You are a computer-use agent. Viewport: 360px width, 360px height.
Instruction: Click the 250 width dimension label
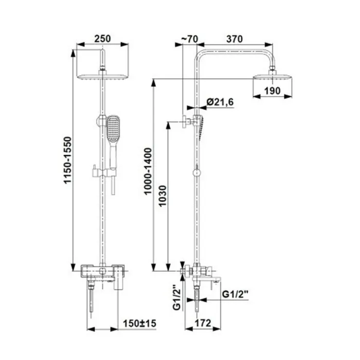pos(102,39)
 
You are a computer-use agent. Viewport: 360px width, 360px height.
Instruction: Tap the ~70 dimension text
pos(190,39)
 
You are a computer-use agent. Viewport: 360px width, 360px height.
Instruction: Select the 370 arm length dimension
pos(235,39)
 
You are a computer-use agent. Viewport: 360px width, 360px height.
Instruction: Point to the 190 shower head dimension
pos(273,91)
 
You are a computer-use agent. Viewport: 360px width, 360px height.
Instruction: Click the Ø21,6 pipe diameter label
pos(220,102)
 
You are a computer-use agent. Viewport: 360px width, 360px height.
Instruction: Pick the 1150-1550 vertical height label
pos(68,160)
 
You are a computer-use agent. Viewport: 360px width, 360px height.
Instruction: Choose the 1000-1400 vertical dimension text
pos(148,171)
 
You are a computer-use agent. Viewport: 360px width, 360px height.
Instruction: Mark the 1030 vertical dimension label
pos(163,196)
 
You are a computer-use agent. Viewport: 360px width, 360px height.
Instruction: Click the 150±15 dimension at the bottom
pos(139,323)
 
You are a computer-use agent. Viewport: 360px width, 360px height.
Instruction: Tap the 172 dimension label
pos(203,323)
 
